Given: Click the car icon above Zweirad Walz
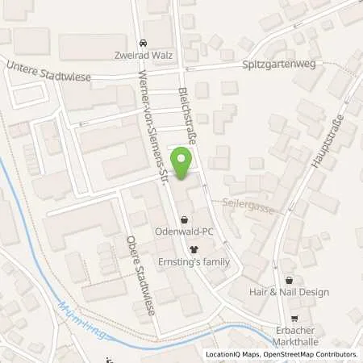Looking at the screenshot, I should click(143, 43).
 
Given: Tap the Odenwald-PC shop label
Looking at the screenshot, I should click(185, 232).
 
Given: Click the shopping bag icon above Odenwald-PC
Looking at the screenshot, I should click(185, 219).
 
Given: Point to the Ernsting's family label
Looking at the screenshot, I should click(194, 262).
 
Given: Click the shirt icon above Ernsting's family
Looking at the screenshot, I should click(194, 249).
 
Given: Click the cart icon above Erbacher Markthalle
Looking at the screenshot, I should click(294, 319).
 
